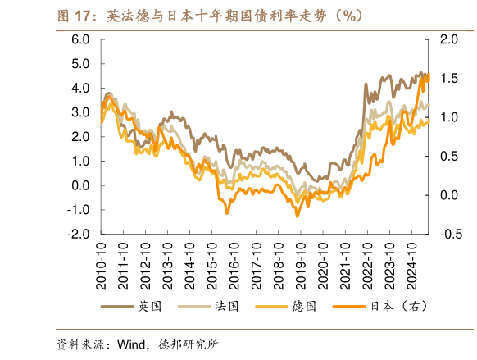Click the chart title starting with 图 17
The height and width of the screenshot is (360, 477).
[209, 16]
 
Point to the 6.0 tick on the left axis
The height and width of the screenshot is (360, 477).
[80, 39]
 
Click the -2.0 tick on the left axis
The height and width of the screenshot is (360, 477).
[79, 234]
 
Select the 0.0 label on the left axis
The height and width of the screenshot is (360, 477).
[80, 185]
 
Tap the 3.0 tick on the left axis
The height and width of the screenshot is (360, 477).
[80, 112]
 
